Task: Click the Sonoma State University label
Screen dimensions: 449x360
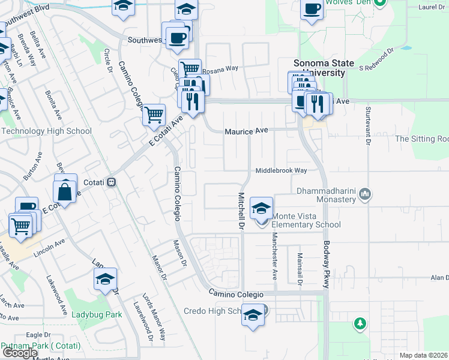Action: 319,68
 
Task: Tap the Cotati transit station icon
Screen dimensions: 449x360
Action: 111,182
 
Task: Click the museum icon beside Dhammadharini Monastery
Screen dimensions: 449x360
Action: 365,194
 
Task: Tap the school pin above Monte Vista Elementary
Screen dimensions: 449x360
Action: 261,208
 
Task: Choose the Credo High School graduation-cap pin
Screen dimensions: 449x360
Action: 253,316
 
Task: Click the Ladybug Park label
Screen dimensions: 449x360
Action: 97,314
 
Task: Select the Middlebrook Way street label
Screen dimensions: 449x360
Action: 281,170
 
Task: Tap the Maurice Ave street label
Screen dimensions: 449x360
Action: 245,130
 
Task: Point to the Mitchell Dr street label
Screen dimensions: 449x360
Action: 241,211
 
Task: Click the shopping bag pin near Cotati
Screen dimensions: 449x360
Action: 65,191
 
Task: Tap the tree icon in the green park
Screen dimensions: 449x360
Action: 360,323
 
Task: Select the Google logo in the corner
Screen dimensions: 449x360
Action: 20,353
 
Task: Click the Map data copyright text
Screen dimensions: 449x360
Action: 424,355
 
